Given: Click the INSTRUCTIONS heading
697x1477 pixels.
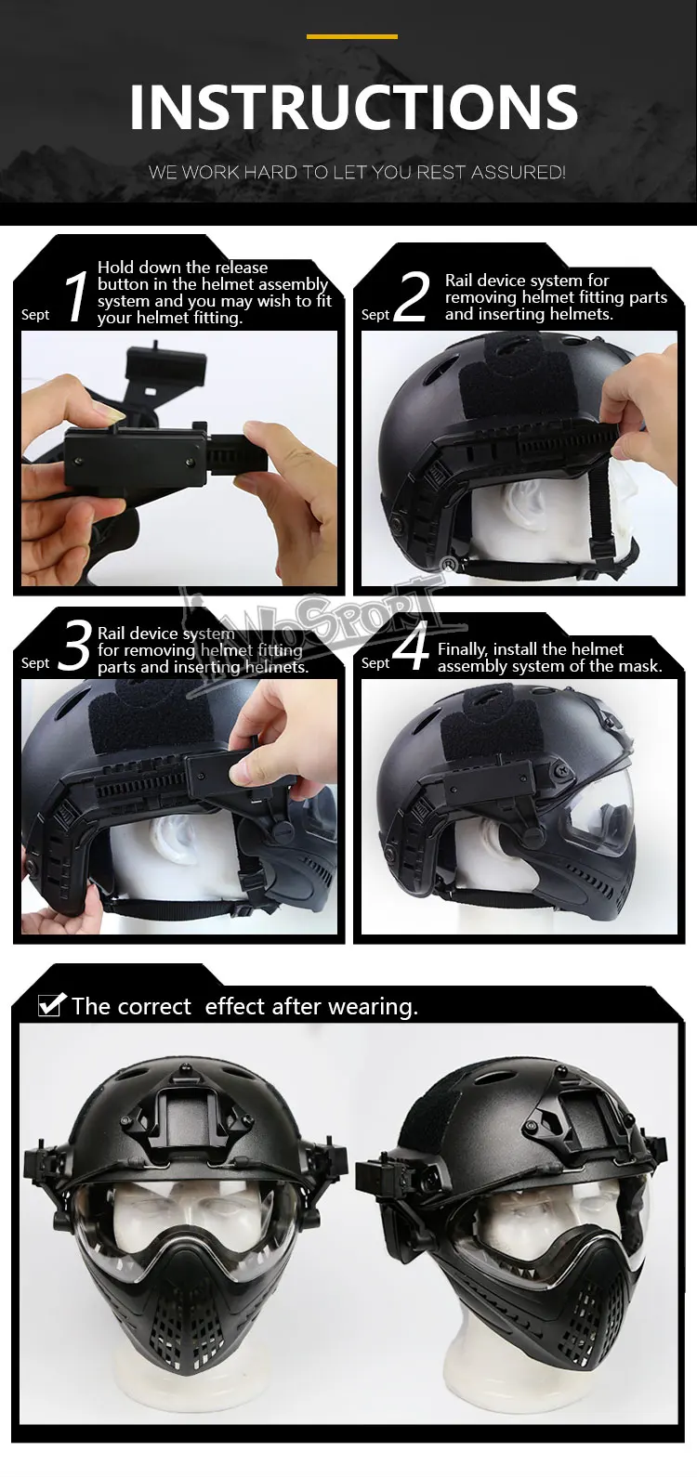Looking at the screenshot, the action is coord(353,107).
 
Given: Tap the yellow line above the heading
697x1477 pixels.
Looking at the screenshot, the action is coord(352,36).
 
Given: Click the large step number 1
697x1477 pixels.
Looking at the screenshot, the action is coord(76,296).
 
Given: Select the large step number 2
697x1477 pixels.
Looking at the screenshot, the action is coord(412,296).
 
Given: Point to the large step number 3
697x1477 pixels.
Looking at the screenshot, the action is coord(73,647).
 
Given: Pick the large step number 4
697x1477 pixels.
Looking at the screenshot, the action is coord(412,646).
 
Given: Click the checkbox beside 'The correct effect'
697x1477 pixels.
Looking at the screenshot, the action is coord(51,1004).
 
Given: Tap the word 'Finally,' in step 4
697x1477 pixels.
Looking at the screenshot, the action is coord(462,649).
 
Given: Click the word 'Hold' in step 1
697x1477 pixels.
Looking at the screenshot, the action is coord(115,267).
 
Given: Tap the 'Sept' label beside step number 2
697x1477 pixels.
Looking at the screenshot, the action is coord(375,315).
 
